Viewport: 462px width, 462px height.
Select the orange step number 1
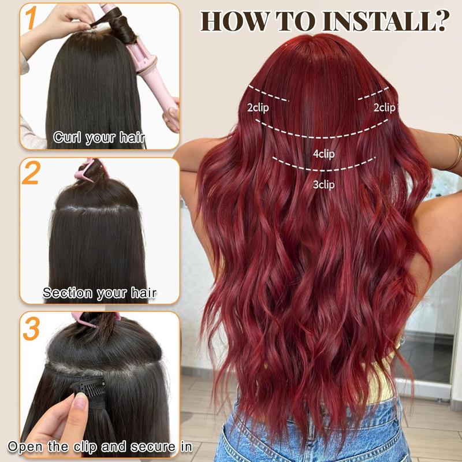(29, 19)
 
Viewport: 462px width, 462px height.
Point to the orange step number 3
(31, 327)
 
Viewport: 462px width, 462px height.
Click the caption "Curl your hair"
(99, 138)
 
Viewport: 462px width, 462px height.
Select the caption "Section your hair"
(99, 293)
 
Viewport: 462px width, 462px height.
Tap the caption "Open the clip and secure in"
(100, 447)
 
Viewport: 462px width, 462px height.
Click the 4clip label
(323, 154)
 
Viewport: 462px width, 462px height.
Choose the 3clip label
(323, 185)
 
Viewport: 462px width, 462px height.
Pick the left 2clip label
(258, 107)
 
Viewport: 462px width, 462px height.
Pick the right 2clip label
(384, 107)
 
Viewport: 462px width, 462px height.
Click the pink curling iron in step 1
(153, 64)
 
